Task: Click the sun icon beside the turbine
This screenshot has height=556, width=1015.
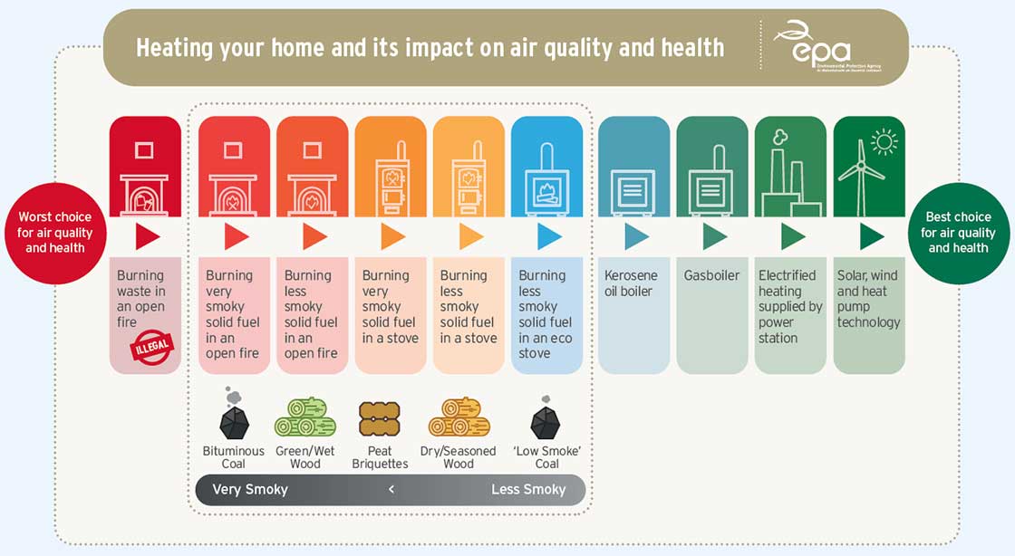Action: point(883,141)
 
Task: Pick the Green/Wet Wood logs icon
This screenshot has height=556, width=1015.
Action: point(305,417)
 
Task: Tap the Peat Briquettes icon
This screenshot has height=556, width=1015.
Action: point(380,419)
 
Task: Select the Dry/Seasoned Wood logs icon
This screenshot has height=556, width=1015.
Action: point(459,417)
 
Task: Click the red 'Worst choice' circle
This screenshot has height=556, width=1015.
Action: point(54,233)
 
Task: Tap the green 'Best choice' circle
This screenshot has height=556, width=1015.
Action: point(958,233)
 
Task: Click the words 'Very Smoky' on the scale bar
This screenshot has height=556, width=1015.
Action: point(250,490)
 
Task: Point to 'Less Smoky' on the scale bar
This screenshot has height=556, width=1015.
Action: point(528,490)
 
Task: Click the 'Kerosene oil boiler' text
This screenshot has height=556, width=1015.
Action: point(632,283)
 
